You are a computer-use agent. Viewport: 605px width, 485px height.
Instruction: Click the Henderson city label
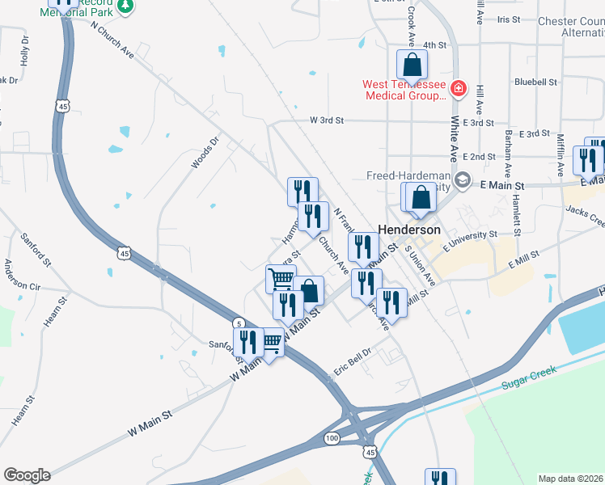coord(410,230)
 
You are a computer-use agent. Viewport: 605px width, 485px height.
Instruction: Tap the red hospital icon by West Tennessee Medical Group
coord(459,88)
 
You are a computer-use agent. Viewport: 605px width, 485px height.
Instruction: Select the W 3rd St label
coord(328,120)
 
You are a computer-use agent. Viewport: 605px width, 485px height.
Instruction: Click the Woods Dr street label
coord(205,153)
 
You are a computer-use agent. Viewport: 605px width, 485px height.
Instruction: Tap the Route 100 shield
coord(332,437)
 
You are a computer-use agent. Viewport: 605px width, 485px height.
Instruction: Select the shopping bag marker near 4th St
coord(412,64)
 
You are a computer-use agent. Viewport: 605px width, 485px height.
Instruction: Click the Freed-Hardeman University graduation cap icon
coord(463,179)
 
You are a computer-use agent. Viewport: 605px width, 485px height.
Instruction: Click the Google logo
coord(26,475)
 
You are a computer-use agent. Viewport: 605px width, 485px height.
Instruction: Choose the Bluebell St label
coord(535,82)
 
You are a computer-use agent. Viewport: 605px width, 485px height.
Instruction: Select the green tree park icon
coord(125,7)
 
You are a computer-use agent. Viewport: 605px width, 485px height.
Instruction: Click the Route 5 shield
coord(240,322)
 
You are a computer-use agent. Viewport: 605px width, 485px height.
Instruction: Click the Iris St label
coord(509,19)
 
